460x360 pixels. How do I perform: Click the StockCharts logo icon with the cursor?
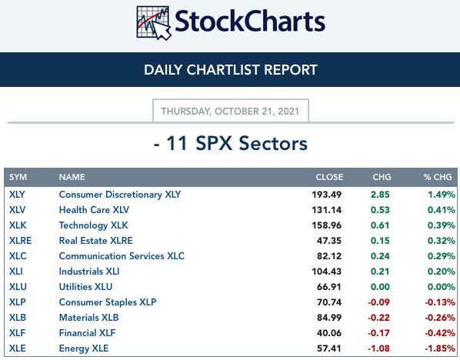153,22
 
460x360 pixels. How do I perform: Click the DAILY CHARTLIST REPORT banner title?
231,70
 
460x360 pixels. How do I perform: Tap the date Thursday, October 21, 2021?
230,112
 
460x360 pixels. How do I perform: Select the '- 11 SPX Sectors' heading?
231,144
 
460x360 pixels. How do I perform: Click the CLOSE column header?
329,177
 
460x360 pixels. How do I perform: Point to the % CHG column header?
438,177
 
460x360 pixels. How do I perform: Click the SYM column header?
18,177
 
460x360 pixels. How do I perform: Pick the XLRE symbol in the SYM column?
20,241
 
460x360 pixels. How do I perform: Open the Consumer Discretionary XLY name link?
120,195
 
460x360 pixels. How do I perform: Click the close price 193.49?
326,195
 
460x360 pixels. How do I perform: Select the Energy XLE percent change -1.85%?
440,348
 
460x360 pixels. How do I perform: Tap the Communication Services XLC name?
122,256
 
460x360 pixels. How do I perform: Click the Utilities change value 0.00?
380,287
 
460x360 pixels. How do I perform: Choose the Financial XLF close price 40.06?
329,333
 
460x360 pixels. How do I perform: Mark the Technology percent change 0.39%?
442,225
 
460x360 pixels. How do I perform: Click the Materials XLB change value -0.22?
378,318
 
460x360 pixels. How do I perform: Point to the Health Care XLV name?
94,210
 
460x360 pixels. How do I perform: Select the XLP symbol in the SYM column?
18,302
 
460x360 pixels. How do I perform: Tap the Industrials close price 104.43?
326,272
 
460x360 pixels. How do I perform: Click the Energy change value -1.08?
378,348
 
